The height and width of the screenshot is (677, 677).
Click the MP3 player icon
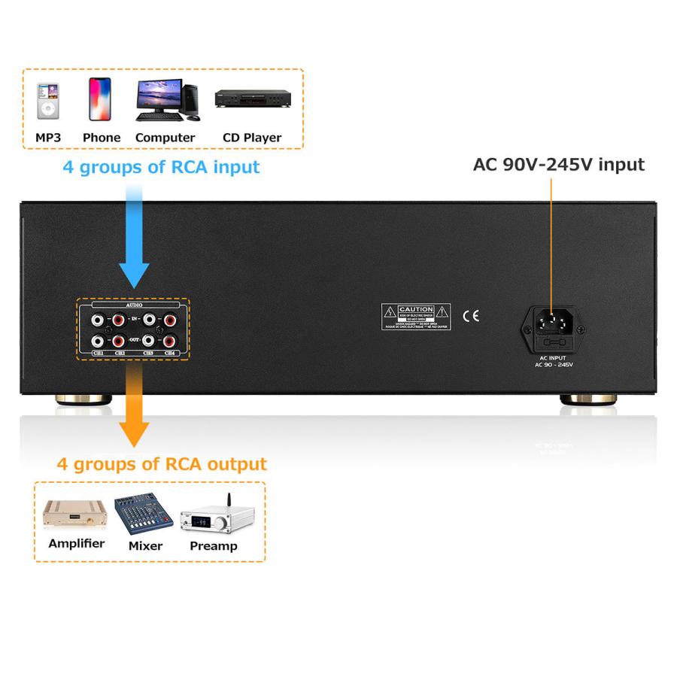point(48,101)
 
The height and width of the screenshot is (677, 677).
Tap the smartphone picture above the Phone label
point(100,99)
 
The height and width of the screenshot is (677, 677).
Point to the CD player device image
point(253,99)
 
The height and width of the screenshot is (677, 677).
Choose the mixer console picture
point(144,515)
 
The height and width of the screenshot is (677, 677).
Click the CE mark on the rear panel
point(471,316)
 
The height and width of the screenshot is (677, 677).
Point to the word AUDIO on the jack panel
point(133,307)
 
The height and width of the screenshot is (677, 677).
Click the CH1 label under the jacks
point(97,352)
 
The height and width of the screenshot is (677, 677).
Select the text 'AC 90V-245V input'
point(558,165)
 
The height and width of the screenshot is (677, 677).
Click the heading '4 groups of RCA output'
point(162,463)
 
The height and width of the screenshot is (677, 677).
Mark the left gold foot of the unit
point(75,399)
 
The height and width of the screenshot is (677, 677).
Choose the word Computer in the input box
point(165,138)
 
